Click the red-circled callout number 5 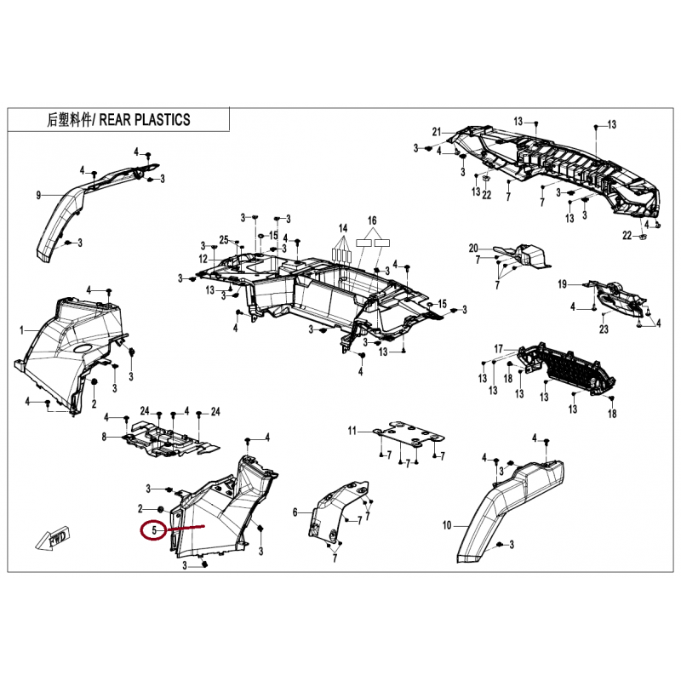coord(154,530)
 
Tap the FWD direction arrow coord(53,539)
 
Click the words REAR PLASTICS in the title coord(145,119)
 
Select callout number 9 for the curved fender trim coord(38,196)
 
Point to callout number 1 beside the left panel coord(22,331)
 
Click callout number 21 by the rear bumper coord(437,132)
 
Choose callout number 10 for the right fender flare coord(447,525)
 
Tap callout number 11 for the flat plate coord(352,431)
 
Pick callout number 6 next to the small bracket coord(295,512)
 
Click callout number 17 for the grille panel coord(498,349)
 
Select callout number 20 coord(473,249)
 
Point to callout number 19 coord(563,284)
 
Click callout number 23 coord(604,329)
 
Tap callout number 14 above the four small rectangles coord(343,228)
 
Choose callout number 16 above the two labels coord(372,220)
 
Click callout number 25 coord(224,240)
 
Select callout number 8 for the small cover coord(104,437)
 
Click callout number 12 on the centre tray coord(203,260)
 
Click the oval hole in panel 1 coord(83,348)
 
